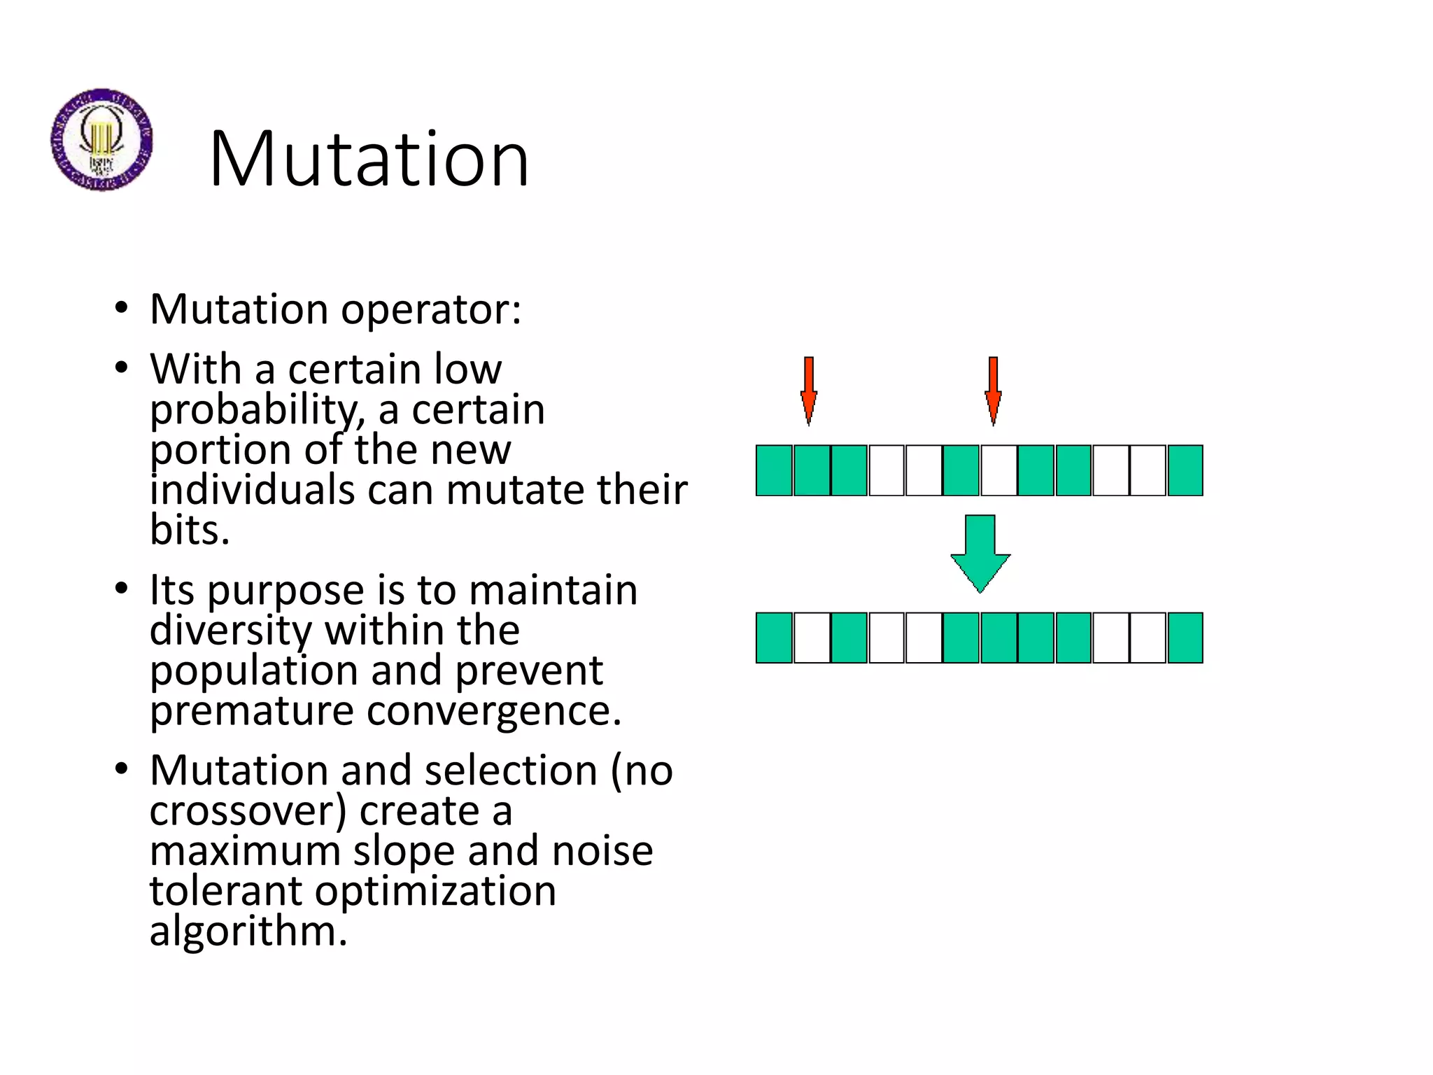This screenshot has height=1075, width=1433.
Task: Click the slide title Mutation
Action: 369,160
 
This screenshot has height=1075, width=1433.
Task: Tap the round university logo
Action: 101,140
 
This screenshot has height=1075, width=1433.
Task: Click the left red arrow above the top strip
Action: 809,390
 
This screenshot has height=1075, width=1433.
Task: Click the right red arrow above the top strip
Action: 993,390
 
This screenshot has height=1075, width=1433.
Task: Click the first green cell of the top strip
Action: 774,470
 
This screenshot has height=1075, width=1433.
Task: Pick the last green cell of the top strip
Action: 1185,470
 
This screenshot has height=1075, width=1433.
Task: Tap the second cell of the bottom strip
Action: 812,638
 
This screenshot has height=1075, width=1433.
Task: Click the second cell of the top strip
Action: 812,470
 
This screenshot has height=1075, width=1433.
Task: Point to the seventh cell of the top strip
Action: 998,470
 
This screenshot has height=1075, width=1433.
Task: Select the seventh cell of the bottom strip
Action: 998,638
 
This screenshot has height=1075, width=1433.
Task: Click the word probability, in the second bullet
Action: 257,410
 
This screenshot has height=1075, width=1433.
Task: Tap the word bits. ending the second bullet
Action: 190,530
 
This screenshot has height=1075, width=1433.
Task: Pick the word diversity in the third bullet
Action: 230,631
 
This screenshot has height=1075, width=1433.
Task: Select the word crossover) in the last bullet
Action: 248,811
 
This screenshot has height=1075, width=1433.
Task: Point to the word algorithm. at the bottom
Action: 248,932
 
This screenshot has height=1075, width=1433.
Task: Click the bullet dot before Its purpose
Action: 122,589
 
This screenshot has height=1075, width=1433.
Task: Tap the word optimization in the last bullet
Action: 435,891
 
